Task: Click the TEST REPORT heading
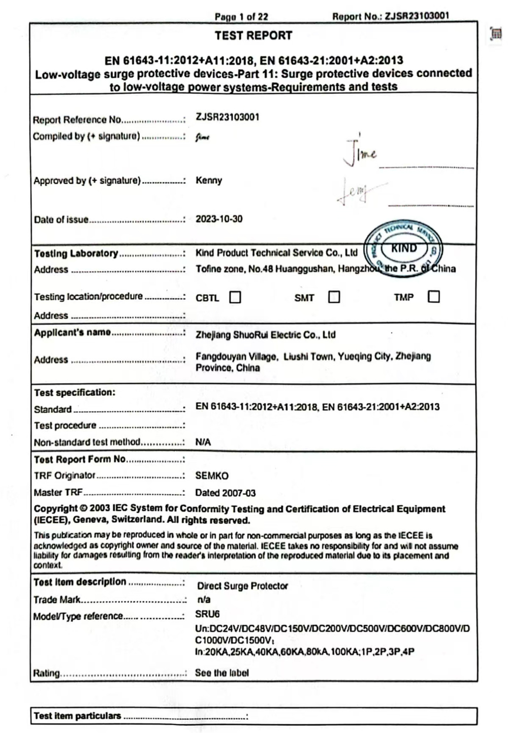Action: [x=253, y=36]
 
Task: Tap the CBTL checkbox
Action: [x=235, y=297]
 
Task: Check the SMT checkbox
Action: [x=334, y=297]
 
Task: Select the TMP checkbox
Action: [x=433, y=297]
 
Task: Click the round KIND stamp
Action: [x=404, y=249]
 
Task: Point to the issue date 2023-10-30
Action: [x=219, y=219]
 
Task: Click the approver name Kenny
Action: [x=209, y=180]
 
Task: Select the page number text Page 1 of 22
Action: [x=241, y=17]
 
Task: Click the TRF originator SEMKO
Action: [x=212, y=476]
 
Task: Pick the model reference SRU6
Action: [x=207, y=614]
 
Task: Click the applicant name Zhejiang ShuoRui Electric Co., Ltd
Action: [x=265, y=335]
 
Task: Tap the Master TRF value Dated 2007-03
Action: [x=226, y=493]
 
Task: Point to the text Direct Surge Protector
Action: [x=242, y=586]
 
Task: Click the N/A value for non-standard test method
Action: [x=203, y=442]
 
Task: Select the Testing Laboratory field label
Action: [x=76, y=253]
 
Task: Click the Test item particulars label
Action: [x=77, y=716]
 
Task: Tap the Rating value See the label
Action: [x=222, y=673]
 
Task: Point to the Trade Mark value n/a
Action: [x=203, y=599]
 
